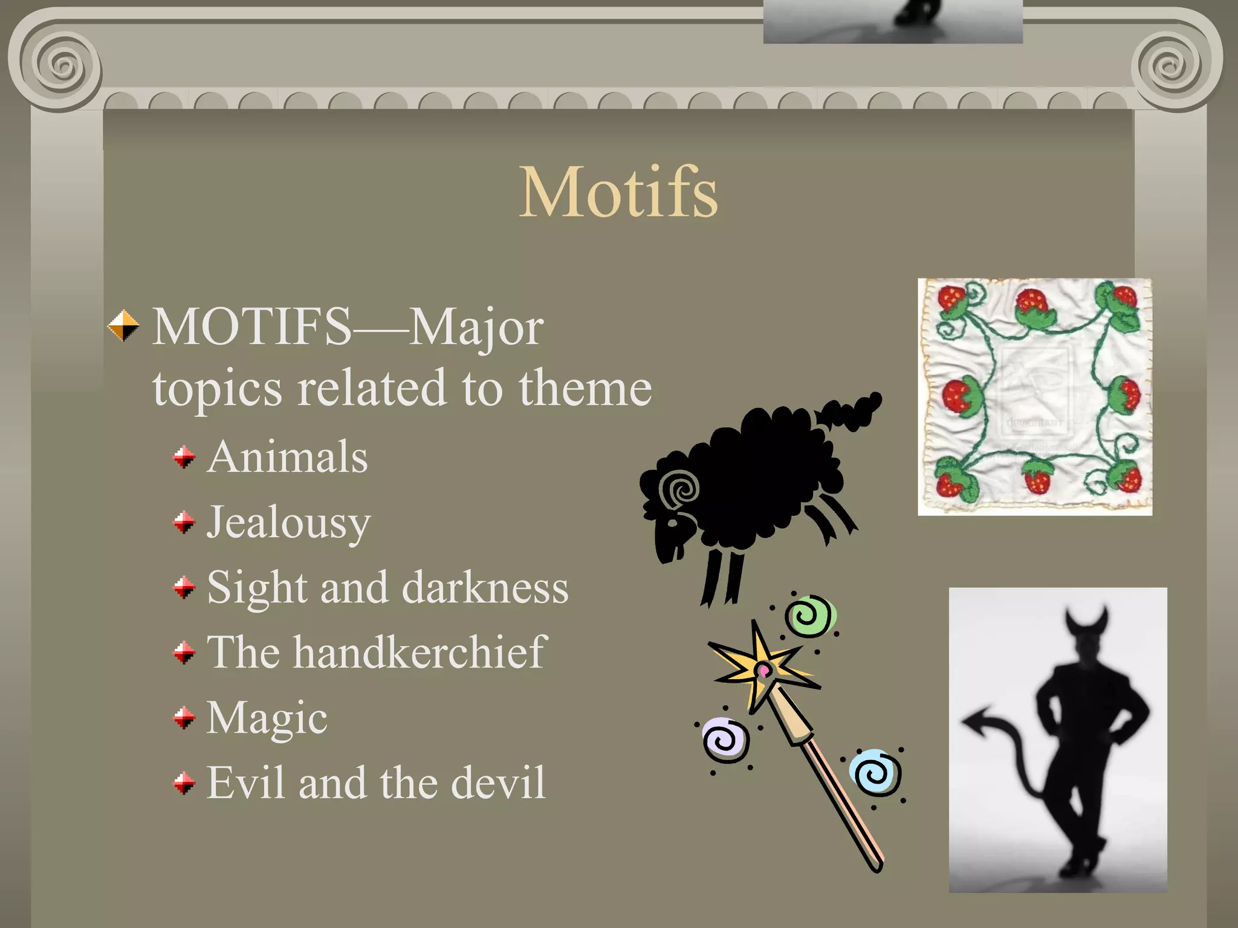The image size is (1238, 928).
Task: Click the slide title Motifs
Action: point(618,192)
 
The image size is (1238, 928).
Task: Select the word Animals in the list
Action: point(287,457)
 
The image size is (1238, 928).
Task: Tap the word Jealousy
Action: point(288,523)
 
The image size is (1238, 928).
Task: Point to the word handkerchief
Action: point(420,652)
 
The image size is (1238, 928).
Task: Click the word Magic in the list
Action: point(267,718)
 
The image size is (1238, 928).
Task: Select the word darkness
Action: point(485,588)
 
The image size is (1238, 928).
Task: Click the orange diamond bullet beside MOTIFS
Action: point(123,326)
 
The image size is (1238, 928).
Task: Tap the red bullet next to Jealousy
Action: point(184,522)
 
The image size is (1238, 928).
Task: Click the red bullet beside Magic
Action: point(184,718)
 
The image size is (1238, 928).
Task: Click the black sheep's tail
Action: point(849,411)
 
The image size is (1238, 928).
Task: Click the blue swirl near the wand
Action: point(875,773)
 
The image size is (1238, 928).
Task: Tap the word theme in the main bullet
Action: point(585,388)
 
